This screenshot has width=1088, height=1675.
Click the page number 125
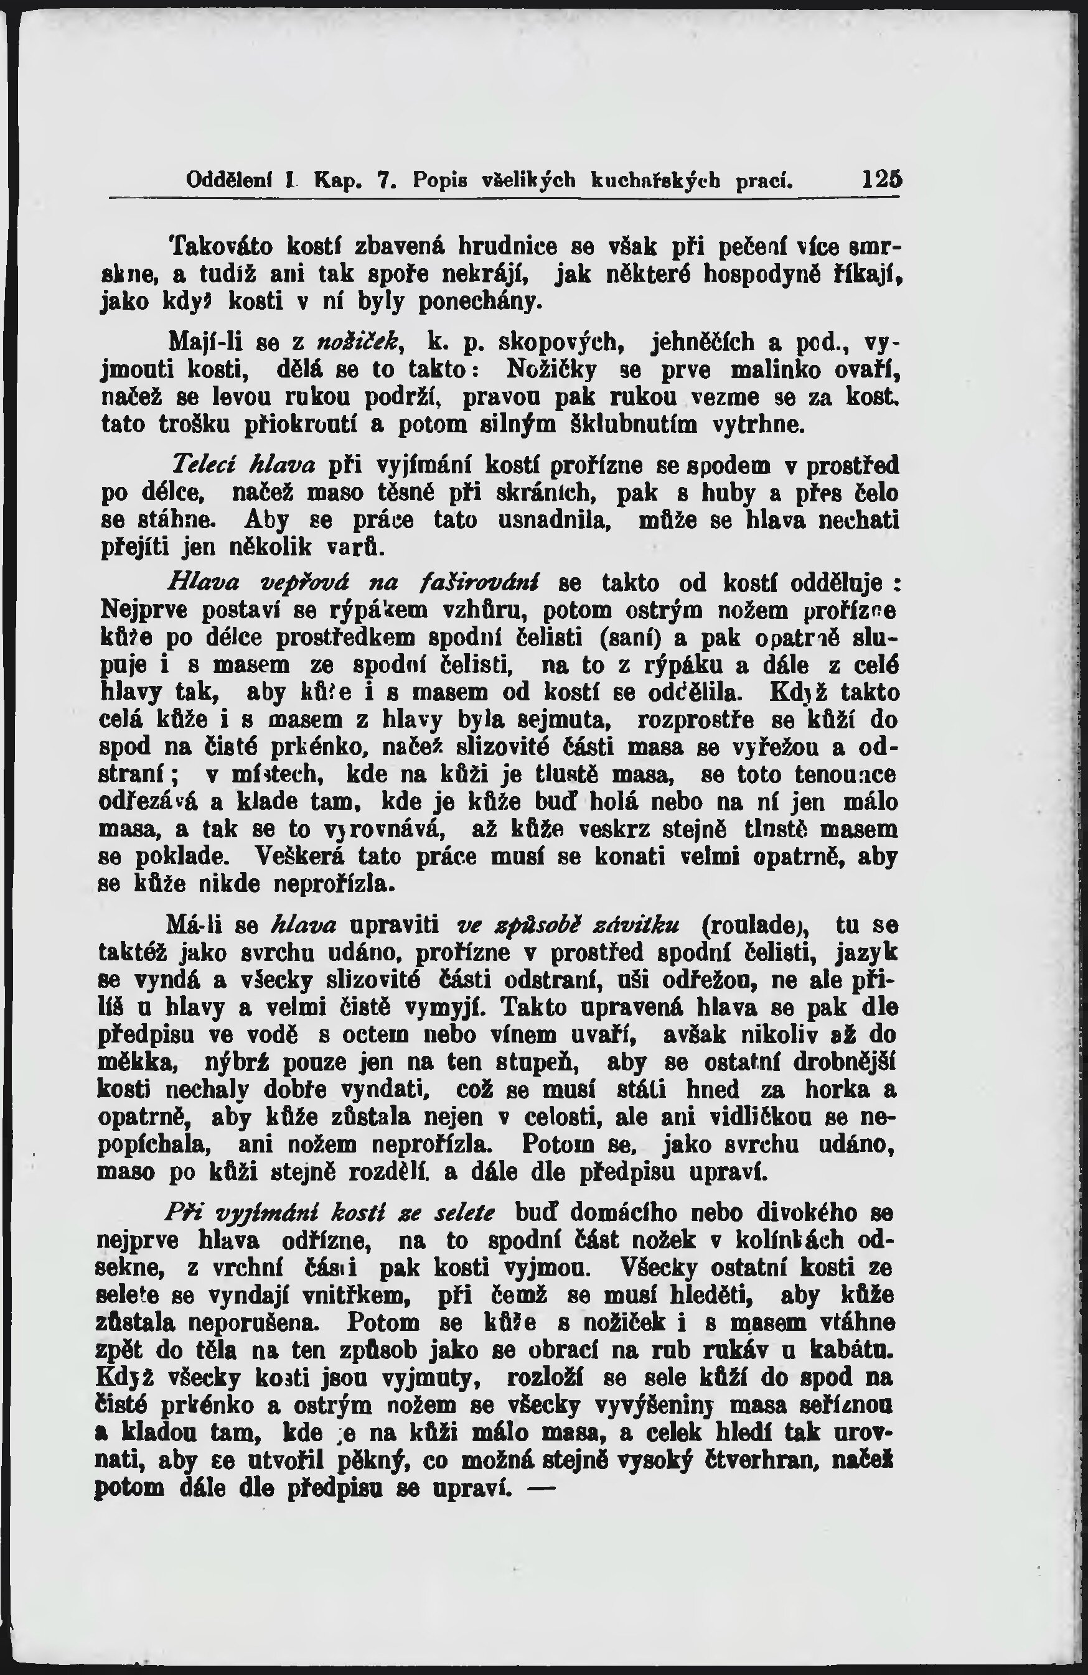(883, 180)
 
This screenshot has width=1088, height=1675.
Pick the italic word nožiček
(359, 343)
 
